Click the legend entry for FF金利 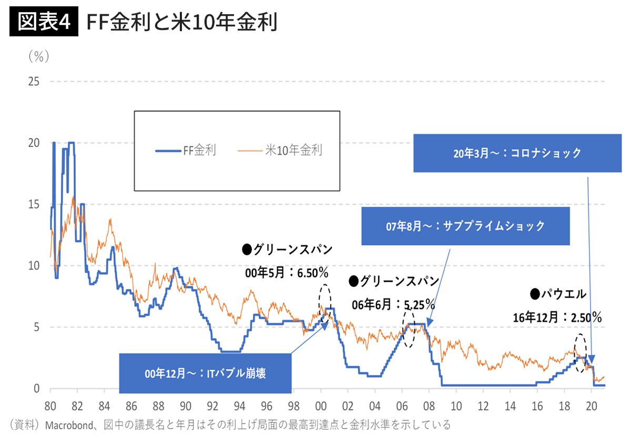186,151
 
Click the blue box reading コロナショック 517,153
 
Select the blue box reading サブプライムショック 465,226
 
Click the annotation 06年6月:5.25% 393,304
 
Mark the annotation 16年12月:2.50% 557,317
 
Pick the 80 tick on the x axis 50,406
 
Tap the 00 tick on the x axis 321,406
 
